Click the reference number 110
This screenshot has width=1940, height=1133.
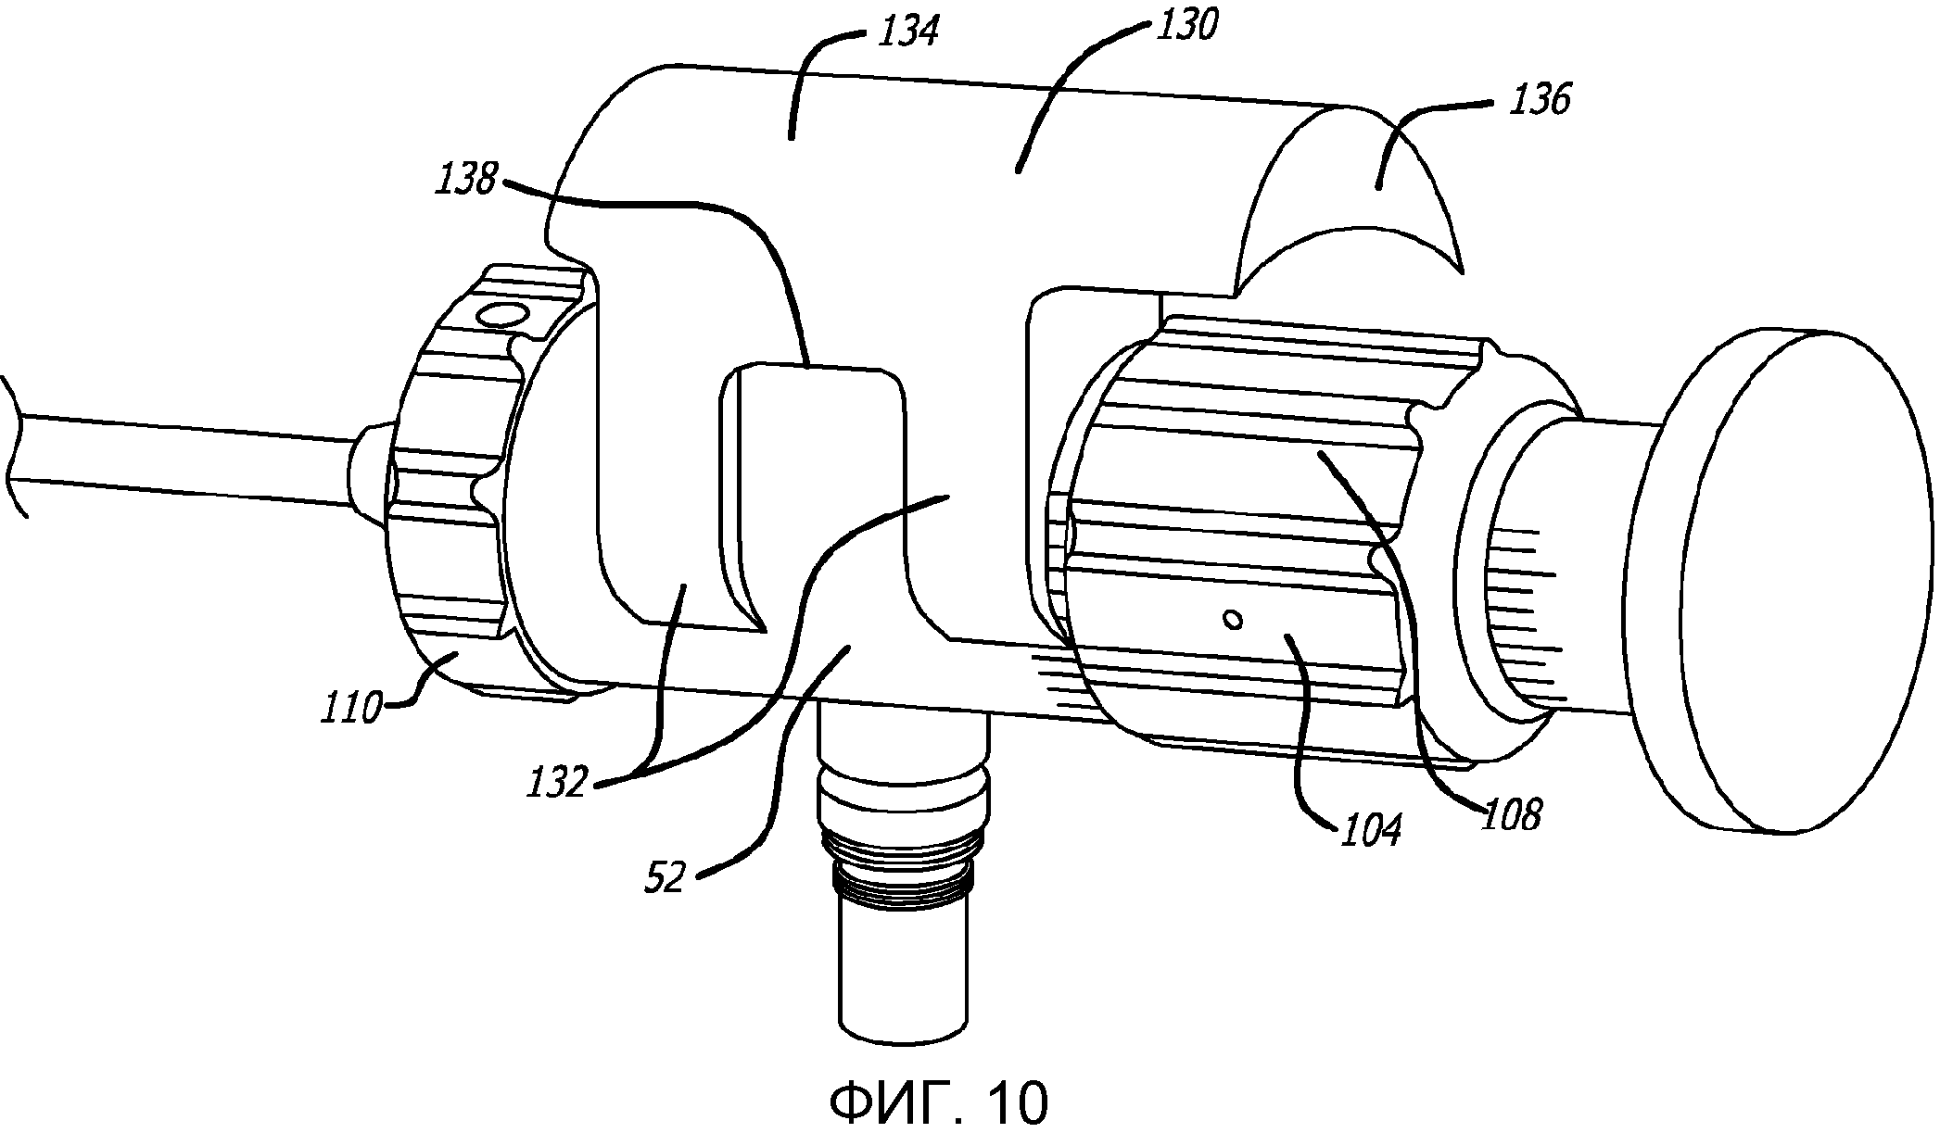coord(351,709)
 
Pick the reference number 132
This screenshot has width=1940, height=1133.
coord(558,784)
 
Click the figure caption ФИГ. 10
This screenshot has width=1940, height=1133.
coord(938,1102)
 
